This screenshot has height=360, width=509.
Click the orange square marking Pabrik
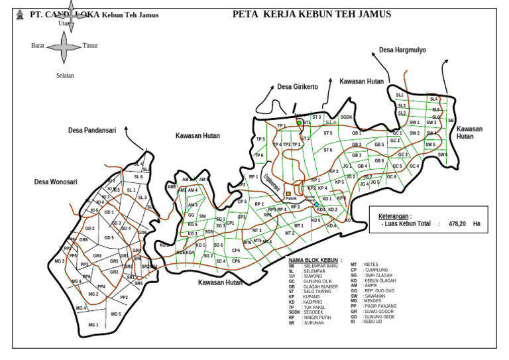coord(288,194)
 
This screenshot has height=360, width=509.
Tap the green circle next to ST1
coord(300,123)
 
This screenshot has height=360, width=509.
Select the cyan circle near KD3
coord(317,205)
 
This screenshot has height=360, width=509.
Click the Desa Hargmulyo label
coord(402,50)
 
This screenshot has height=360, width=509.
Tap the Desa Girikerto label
coord(298,87)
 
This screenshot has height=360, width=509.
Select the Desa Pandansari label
coord(92,131)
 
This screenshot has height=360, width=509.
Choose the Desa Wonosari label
coord(56,181)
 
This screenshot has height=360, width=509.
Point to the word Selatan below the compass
coord(65,76)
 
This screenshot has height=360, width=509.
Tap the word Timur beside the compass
coord(90,46)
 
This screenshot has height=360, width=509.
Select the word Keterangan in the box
coord(394,216)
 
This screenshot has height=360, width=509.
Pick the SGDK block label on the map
coord(346,117)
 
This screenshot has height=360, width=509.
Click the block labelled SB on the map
coord(451,121)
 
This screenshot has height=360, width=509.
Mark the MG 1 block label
coord(93,325)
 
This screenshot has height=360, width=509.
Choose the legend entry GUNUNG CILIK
coord(317,282)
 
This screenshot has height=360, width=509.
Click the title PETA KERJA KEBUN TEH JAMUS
coord(311,14)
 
